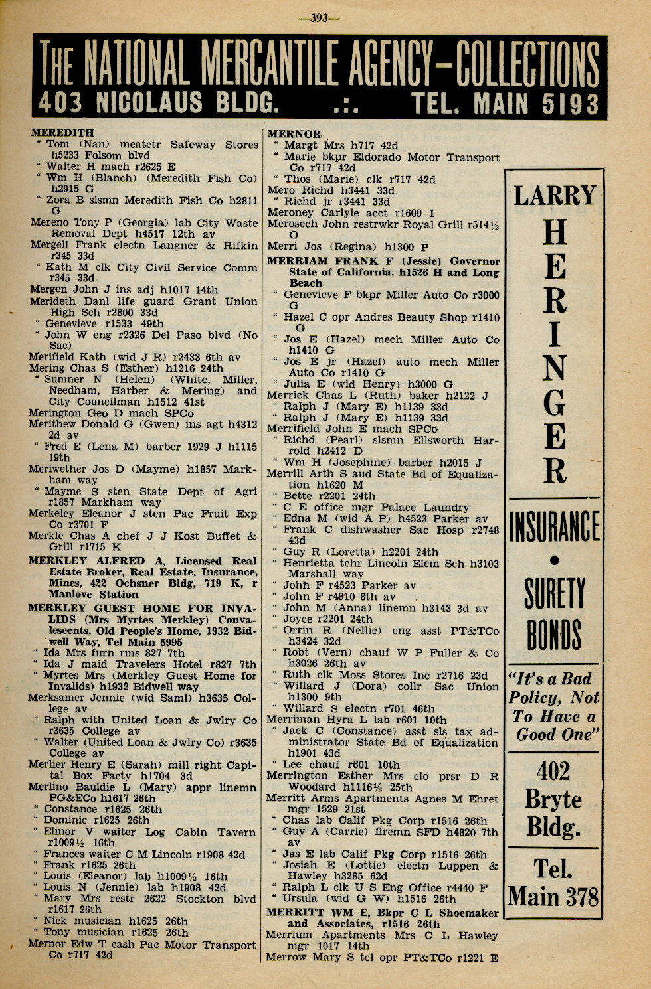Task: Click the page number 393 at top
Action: [x=319, y=18]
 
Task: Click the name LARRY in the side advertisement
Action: [x=555, y=195]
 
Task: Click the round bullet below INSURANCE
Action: [x=555, y=560]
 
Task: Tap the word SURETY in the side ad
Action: [x=554, y=593]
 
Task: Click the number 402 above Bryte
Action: [x=553, y=771]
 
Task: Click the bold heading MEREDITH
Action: [x=62, y=133]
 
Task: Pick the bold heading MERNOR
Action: [x=294, y=134]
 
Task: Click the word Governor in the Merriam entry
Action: [x=474, y=261]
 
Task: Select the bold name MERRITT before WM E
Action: [x=294, y=913]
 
